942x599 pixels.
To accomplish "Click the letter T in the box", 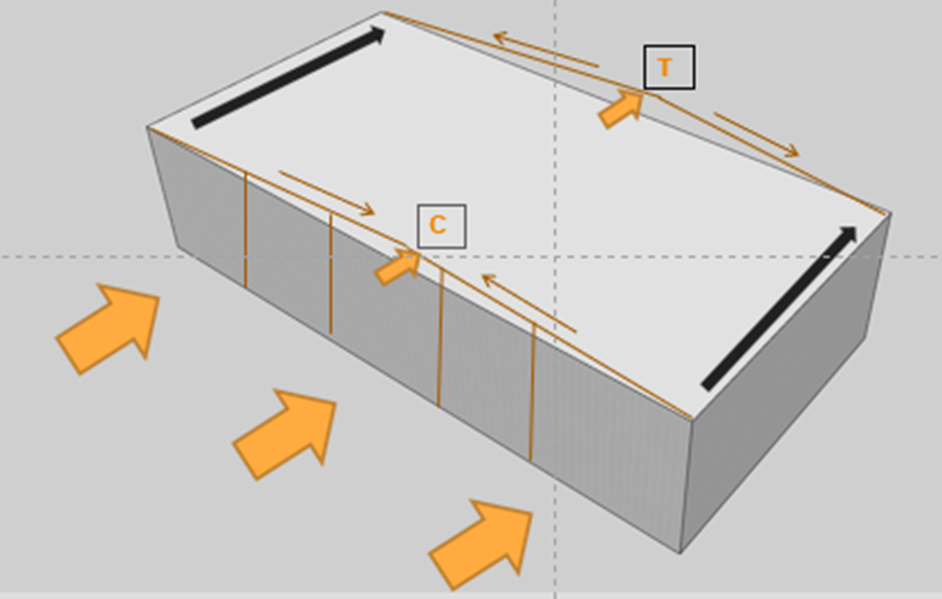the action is coord(665,68).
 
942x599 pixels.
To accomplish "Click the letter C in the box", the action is coord(437,225).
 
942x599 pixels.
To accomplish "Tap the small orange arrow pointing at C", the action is coord(398,267).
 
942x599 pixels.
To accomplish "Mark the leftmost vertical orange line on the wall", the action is coord(245,229).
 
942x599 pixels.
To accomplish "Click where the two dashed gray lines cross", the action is coord(555,257).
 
